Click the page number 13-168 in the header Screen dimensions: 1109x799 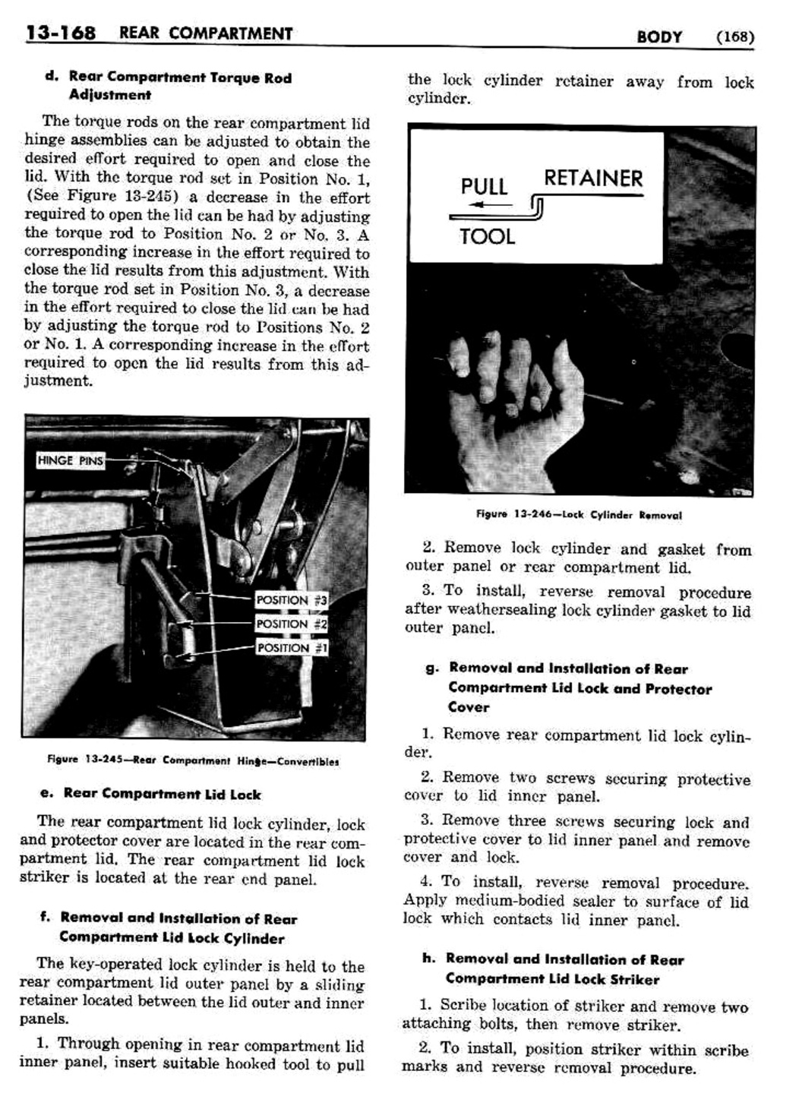coord(61,33)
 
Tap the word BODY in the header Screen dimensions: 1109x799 coord(659,36)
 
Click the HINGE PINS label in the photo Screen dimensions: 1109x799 coord(71,460)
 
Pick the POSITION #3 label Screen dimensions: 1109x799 coord(292,600)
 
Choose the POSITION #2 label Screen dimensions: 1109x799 coord(292,624)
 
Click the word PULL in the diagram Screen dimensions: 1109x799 coord(484,187)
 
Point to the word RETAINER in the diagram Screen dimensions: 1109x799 coord(593,179)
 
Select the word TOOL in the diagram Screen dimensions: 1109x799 coord(487,237)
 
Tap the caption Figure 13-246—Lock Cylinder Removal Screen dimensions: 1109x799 coord(579,515)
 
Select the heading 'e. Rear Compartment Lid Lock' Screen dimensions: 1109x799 coord(150,794)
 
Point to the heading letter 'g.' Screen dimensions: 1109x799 coord(432,668)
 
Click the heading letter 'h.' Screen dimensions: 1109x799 coord(428,959)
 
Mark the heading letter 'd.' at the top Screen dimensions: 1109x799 coord(52,77)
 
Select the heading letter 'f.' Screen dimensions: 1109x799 coord(45,918)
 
